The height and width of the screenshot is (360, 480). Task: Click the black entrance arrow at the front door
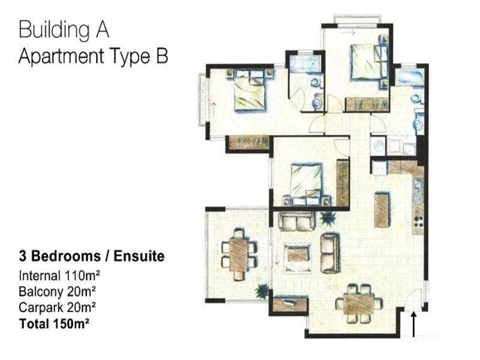point(413,324)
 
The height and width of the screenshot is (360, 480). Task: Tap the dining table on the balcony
point(239,254)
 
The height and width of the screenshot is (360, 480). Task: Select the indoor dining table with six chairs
point(359,304)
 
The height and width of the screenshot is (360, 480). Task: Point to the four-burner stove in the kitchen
point(418,222)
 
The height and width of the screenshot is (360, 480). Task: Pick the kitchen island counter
point(382,209)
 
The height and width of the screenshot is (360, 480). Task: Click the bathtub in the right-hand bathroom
point(409,77)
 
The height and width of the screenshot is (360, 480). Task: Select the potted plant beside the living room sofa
point(328,218)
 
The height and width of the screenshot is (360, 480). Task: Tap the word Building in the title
point(55,30)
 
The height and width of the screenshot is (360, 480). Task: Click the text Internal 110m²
point(59,276)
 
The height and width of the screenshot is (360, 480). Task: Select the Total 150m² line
point(54,323)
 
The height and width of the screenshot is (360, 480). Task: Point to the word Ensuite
point(139,256)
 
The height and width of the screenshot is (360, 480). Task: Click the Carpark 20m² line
point(57,307)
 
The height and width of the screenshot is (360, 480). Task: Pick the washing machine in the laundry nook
point(379,146)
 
